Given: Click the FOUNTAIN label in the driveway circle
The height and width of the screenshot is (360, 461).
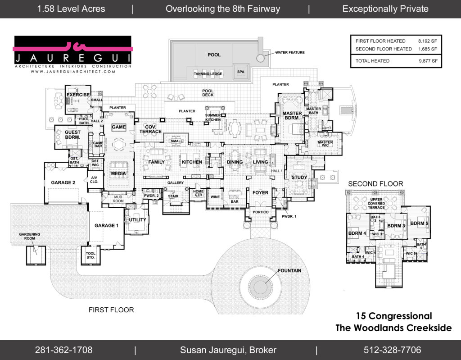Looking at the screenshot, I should point(289,271).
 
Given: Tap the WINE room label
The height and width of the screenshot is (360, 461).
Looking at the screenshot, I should point(215,197).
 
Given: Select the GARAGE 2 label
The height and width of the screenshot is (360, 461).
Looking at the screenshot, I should point(63,182).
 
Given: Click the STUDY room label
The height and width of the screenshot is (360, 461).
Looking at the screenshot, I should point(299,177).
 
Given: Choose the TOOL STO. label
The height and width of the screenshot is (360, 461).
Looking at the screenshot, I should point(90,256).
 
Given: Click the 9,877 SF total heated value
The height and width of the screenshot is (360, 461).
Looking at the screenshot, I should point(428,60).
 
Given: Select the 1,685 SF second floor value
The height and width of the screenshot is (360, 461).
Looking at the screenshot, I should point(428,49).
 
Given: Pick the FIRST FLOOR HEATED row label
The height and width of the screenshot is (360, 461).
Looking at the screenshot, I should point(380,41).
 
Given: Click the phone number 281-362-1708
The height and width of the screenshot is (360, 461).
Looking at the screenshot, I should point(63,350).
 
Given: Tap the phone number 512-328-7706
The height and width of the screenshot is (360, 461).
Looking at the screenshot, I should point(392,350).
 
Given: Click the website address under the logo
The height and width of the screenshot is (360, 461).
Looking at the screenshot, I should point(73,72).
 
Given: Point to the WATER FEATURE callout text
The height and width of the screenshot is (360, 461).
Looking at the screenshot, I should point(290,53).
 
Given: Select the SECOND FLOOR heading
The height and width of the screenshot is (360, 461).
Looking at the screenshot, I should point(375,184).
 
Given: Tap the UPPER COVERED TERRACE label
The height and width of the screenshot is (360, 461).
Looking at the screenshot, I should point(376,203).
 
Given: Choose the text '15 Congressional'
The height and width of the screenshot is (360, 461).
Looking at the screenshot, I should point(394,316).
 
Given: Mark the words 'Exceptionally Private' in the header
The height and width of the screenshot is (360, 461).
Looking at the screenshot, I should point(385,9).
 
